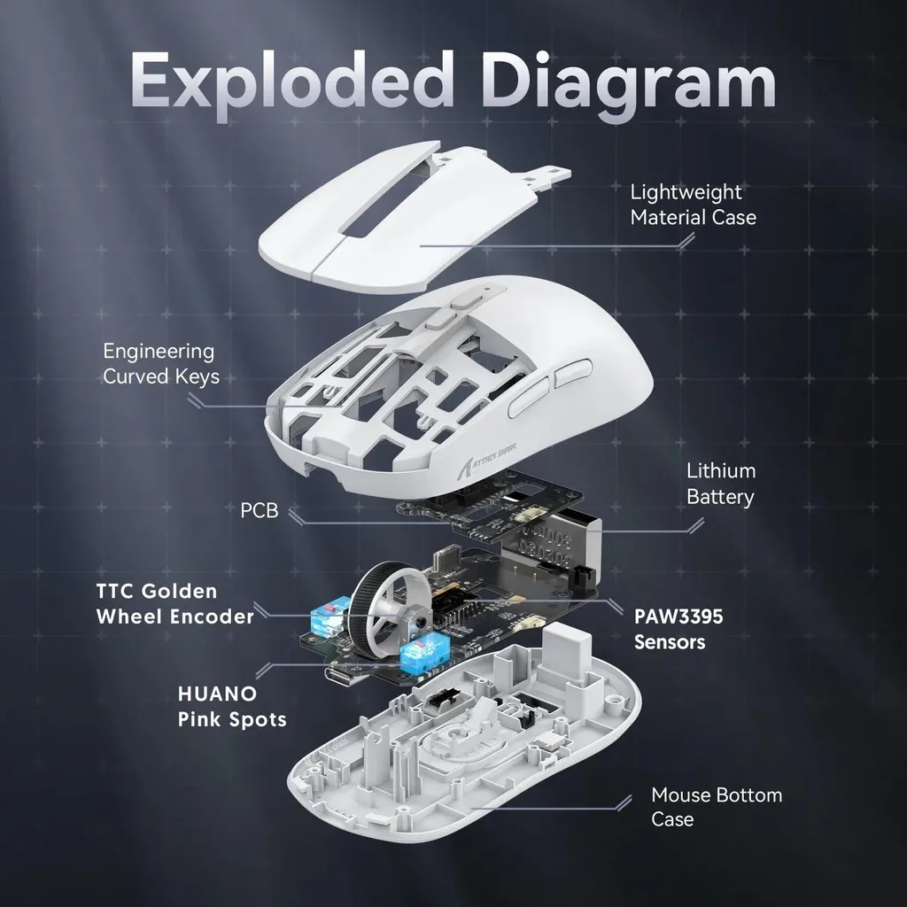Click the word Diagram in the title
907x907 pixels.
[634, 82]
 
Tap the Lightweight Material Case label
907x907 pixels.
[693, 204]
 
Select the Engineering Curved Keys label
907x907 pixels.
[160, 363]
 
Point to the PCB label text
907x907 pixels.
[259, 511]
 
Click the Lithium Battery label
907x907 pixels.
[720, 483]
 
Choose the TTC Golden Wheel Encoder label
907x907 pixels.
[174, 603]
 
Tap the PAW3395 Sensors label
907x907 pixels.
[678, 628]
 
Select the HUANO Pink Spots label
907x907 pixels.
[231, 705]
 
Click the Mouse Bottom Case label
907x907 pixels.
[716, 806]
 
